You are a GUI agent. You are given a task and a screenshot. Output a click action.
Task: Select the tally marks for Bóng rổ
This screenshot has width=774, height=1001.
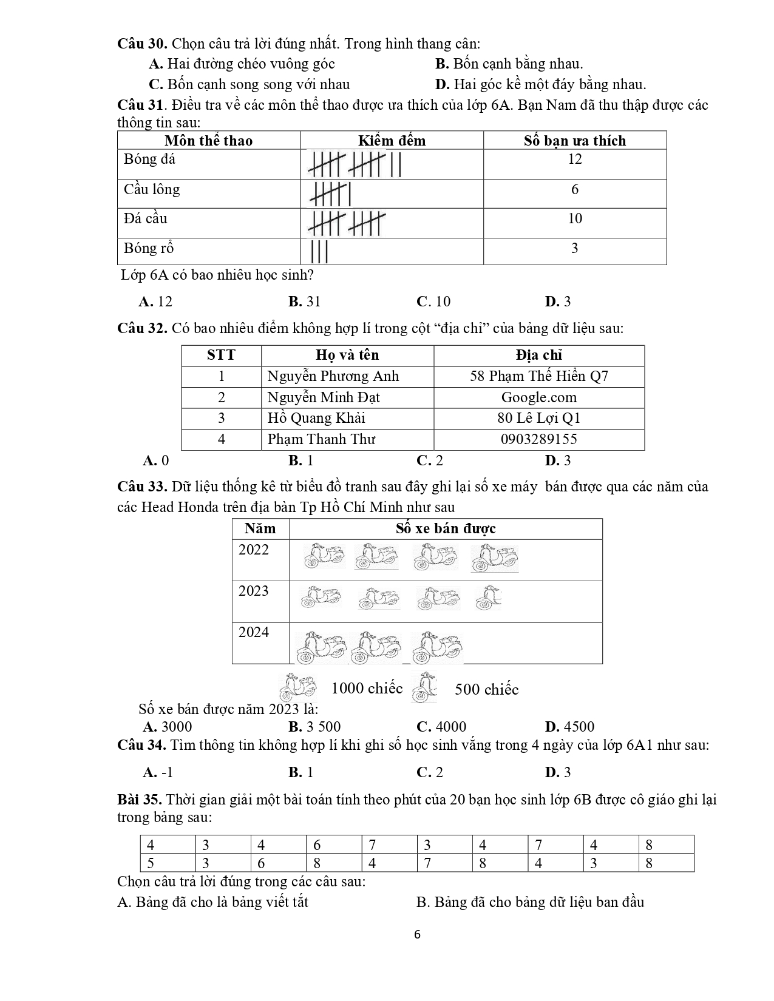pyautogui.click(x=319, y=251)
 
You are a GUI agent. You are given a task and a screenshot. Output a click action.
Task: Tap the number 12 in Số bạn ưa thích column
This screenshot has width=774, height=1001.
pyautogui.click(x=574, y=159)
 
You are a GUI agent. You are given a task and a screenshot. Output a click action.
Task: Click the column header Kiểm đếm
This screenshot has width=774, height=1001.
pyautogui.click(x=392, y=141)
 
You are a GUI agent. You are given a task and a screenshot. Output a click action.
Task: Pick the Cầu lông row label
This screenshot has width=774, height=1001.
pyautogui.click(x=152, y=189)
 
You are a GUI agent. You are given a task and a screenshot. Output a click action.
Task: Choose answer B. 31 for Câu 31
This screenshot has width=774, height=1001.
pyautogui.click(x=305, y=302)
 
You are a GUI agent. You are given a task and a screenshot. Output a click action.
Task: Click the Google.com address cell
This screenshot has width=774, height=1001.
pyautogui.click(x=538, y=397)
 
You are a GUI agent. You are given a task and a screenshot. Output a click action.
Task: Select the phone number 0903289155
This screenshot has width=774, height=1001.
pyautogui.click(x=538, y=439)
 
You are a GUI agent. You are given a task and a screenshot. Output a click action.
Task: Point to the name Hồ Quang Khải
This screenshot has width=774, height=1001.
pyautogui.click(x=316, y=418)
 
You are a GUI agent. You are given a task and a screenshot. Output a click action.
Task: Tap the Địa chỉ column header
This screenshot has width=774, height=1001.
pyautogui.click(x=538, y=355)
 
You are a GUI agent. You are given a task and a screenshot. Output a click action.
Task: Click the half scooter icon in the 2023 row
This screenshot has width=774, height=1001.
pyautogui.click(x=488, y=598)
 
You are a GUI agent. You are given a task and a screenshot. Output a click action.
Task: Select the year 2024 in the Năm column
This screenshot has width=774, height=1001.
pyautogui.click(x=253, y=632)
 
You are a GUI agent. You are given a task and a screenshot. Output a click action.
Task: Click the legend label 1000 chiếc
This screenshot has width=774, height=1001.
pyautogui.click(x=367, y=688)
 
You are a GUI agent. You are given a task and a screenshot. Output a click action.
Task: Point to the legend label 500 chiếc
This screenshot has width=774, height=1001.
pyautogui.click(x=486, y=689)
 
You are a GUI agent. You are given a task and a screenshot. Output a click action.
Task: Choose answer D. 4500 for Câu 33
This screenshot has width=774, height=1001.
pyautogui.click(x=569, y=727)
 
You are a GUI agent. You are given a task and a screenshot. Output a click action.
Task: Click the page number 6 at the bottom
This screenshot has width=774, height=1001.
pyautogui.click(x=416, y=934)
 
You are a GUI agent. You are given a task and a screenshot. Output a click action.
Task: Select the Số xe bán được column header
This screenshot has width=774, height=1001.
pyautogui.click(x=446, y=528)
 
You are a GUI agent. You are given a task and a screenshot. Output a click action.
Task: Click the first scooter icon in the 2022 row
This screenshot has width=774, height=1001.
pyautogui.click(x=324, y=556)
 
